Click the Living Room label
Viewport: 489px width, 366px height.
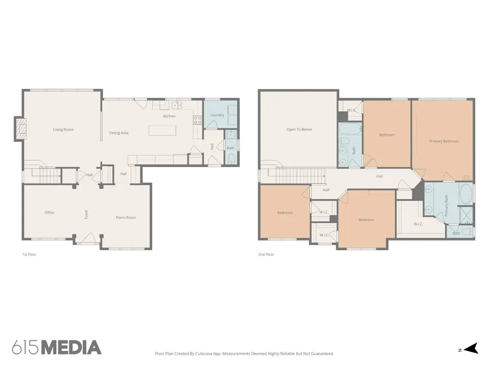coord(64,130)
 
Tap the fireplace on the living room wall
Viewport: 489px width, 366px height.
coord(21,129)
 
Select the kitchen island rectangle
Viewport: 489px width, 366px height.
coord(162,131)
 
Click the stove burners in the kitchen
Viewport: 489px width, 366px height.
coord(197,120)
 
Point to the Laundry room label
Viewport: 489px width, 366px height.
coord(217,115)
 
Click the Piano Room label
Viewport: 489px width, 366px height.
coord(126,217)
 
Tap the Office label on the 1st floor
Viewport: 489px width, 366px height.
coord(49,213)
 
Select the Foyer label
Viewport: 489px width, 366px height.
coord(86,214)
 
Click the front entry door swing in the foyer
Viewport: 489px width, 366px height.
coord(89,238)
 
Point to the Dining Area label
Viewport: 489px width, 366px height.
coord(119,133)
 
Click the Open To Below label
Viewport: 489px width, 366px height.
coord(299,130)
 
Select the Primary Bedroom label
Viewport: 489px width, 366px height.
coord(444,141)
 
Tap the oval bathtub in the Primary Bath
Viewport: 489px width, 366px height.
coord(466,194)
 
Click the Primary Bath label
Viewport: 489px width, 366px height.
coord(446,206)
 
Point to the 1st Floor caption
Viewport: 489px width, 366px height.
coord(29,254)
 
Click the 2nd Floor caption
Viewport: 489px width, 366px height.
coord(266,254)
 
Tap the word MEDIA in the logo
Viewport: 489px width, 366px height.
coord(72,347)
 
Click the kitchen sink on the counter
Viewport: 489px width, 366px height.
coord(177,105)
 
